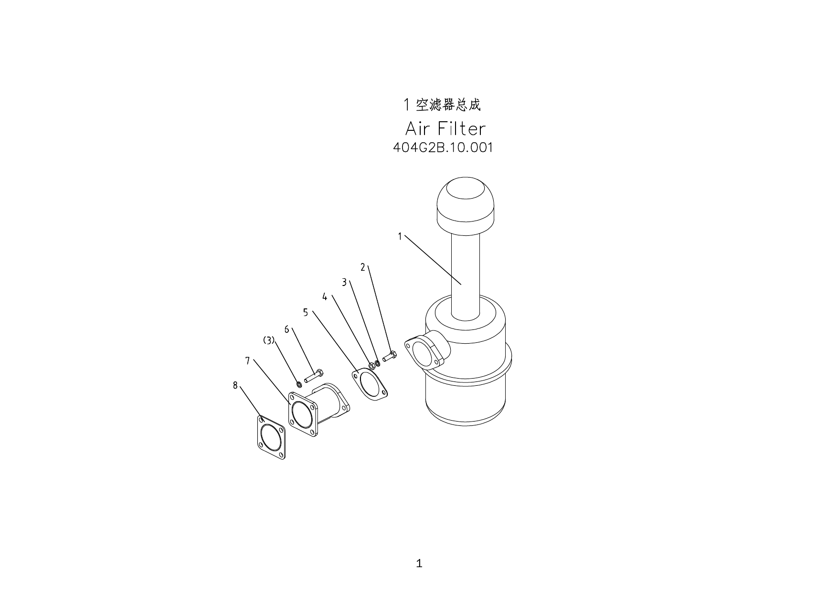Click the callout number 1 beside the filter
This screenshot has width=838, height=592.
click(400, 236)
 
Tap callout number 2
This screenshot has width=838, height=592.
click(363, 267)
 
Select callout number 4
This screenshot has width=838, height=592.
click(325, 297)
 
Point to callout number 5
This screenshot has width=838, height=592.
click(306, 313)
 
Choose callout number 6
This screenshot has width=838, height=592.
click(286, 329)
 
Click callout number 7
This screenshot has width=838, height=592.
click(247, 361)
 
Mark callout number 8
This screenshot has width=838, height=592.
click(235, 385)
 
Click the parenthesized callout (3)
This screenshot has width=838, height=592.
click(269, 340)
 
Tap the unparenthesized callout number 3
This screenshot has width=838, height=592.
click(344, 282)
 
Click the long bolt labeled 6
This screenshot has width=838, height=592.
click(314, 375)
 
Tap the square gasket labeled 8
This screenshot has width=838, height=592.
click(272, 437)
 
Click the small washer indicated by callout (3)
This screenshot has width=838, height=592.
click(299, 384)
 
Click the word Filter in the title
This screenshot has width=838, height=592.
click(461, 128)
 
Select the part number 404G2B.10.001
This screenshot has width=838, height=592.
click(443, 148)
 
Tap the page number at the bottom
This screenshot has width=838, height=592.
click(419, 563)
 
